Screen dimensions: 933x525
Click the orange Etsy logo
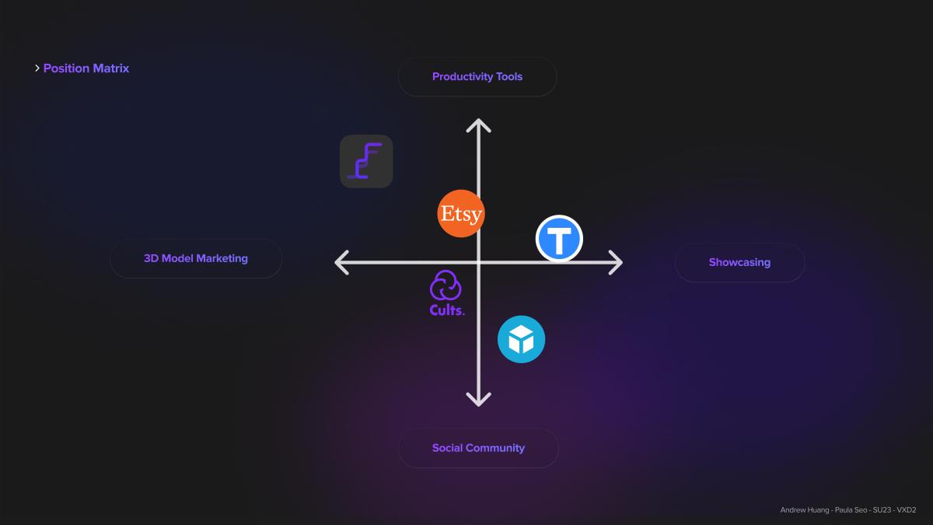pos(460,213)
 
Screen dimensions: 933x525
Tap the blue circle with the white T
pos(559,239)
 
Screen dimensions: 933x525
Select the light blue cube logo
pos(521,339)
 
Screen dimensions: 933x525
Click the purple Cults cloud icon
pos(446,285)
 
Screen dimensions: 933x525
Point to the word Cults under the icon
pos(447,310)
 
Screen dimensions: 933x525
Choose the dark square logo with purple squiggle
pos(366,161)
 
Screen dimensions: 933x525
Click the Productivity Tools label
pos(477,77)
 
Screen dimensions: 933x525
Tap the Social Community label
pos(478,448)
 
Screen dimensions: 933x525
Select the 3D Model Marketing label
pos(196,258)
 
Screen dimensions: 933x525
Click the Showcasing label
pos(739,262)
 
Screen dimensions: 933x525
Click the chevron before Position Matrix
pos(37,68)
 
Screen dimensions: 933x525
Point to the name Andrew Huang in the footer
pos(804,510)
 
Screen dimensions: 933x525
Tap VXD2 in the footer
pos(907,510)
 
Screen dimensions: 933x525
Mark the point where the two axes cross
pos(479,263)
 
